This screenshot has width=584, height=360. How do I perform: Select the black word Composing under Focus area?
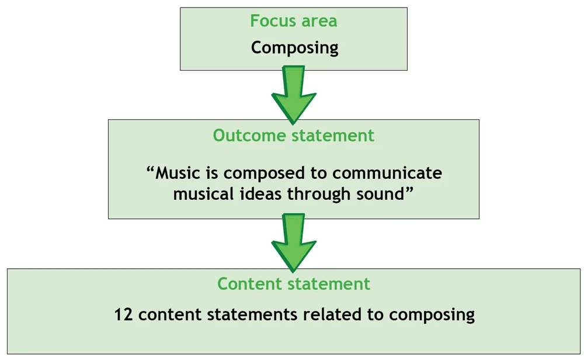coord(294,47)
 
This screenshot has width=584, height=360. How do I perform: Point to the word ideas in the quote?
coord(261,193)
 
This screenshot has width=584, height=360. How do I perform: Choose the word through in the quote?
coord(320,194)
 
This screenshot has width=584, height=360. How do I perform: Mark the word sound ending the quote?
coord(380,193)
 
